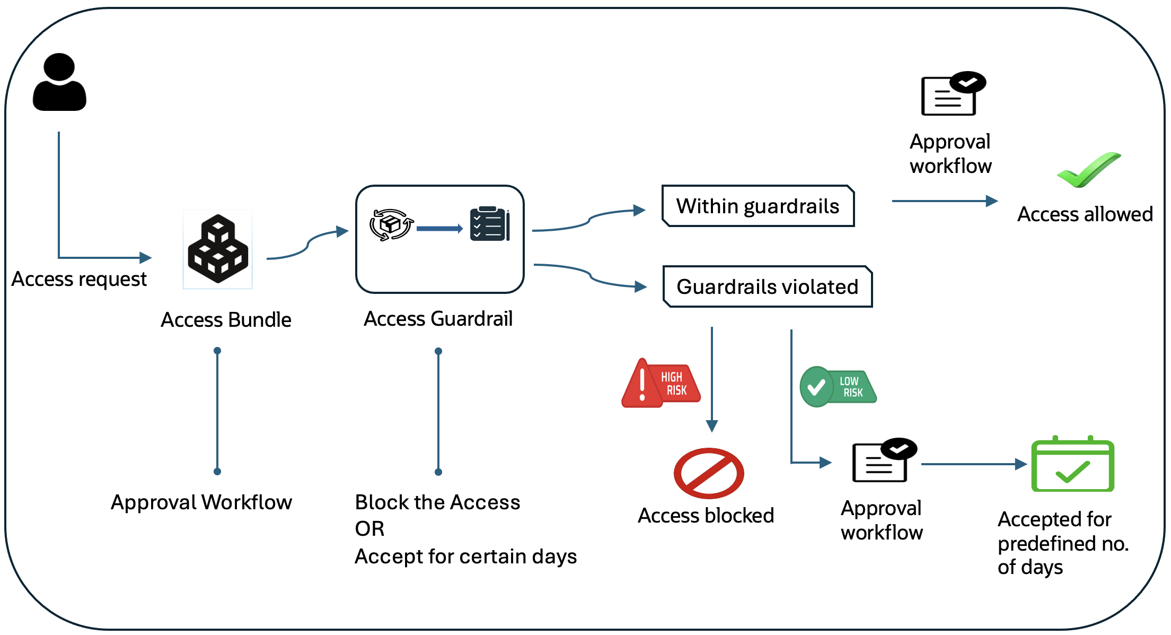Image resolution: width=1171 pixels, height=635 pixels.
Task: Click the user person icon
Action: coord(59,82)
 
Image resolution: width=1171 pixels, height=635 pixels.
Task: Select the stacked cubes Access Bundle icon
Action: coord(218,249)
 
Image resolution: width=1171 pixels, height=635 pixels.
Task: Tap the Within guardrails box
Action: coord(758,206)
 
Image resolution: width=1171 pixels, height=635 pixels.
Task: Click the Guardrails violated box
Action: coord(767,286)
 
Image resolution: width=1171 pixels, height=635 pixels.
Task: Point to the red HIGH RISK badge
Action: coord(661,384)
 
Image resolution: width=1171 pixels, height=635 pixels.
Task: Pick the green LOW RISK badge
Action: coord(838,387)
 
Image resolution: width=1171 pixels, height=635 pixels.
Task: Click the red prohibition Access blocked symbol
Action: coord(709,473)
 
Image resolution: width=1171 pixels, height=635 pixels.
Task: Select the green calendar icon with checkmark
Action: coord(1072,465)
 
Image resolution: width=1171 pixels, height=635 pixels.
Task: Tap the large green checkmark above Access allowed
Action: coord(1089,170)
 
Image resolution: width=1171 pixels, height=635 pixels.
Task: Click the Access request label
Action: coord(79,279)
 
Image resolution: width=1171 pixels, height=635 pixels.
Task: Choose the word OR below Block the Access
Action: coord(369,529)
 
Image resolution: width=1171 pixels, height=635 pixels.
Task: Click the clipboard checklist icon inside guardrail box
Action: coord(489,224)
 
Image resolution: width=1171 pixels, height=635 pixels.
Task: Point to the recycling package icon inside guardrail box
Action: coord(391,224)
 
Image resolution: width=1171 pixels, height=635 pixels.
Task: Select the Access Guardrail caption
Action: coord(438,319)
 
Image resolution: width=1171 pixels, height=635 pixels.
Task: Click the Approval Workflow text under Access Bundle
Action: coord(201,502)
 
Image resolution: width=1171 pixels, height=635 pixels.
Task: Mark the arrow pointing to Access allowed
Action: coord(945,201)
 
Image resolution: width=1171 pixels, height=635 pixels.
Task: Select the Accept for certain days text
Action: coord(465,556)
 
